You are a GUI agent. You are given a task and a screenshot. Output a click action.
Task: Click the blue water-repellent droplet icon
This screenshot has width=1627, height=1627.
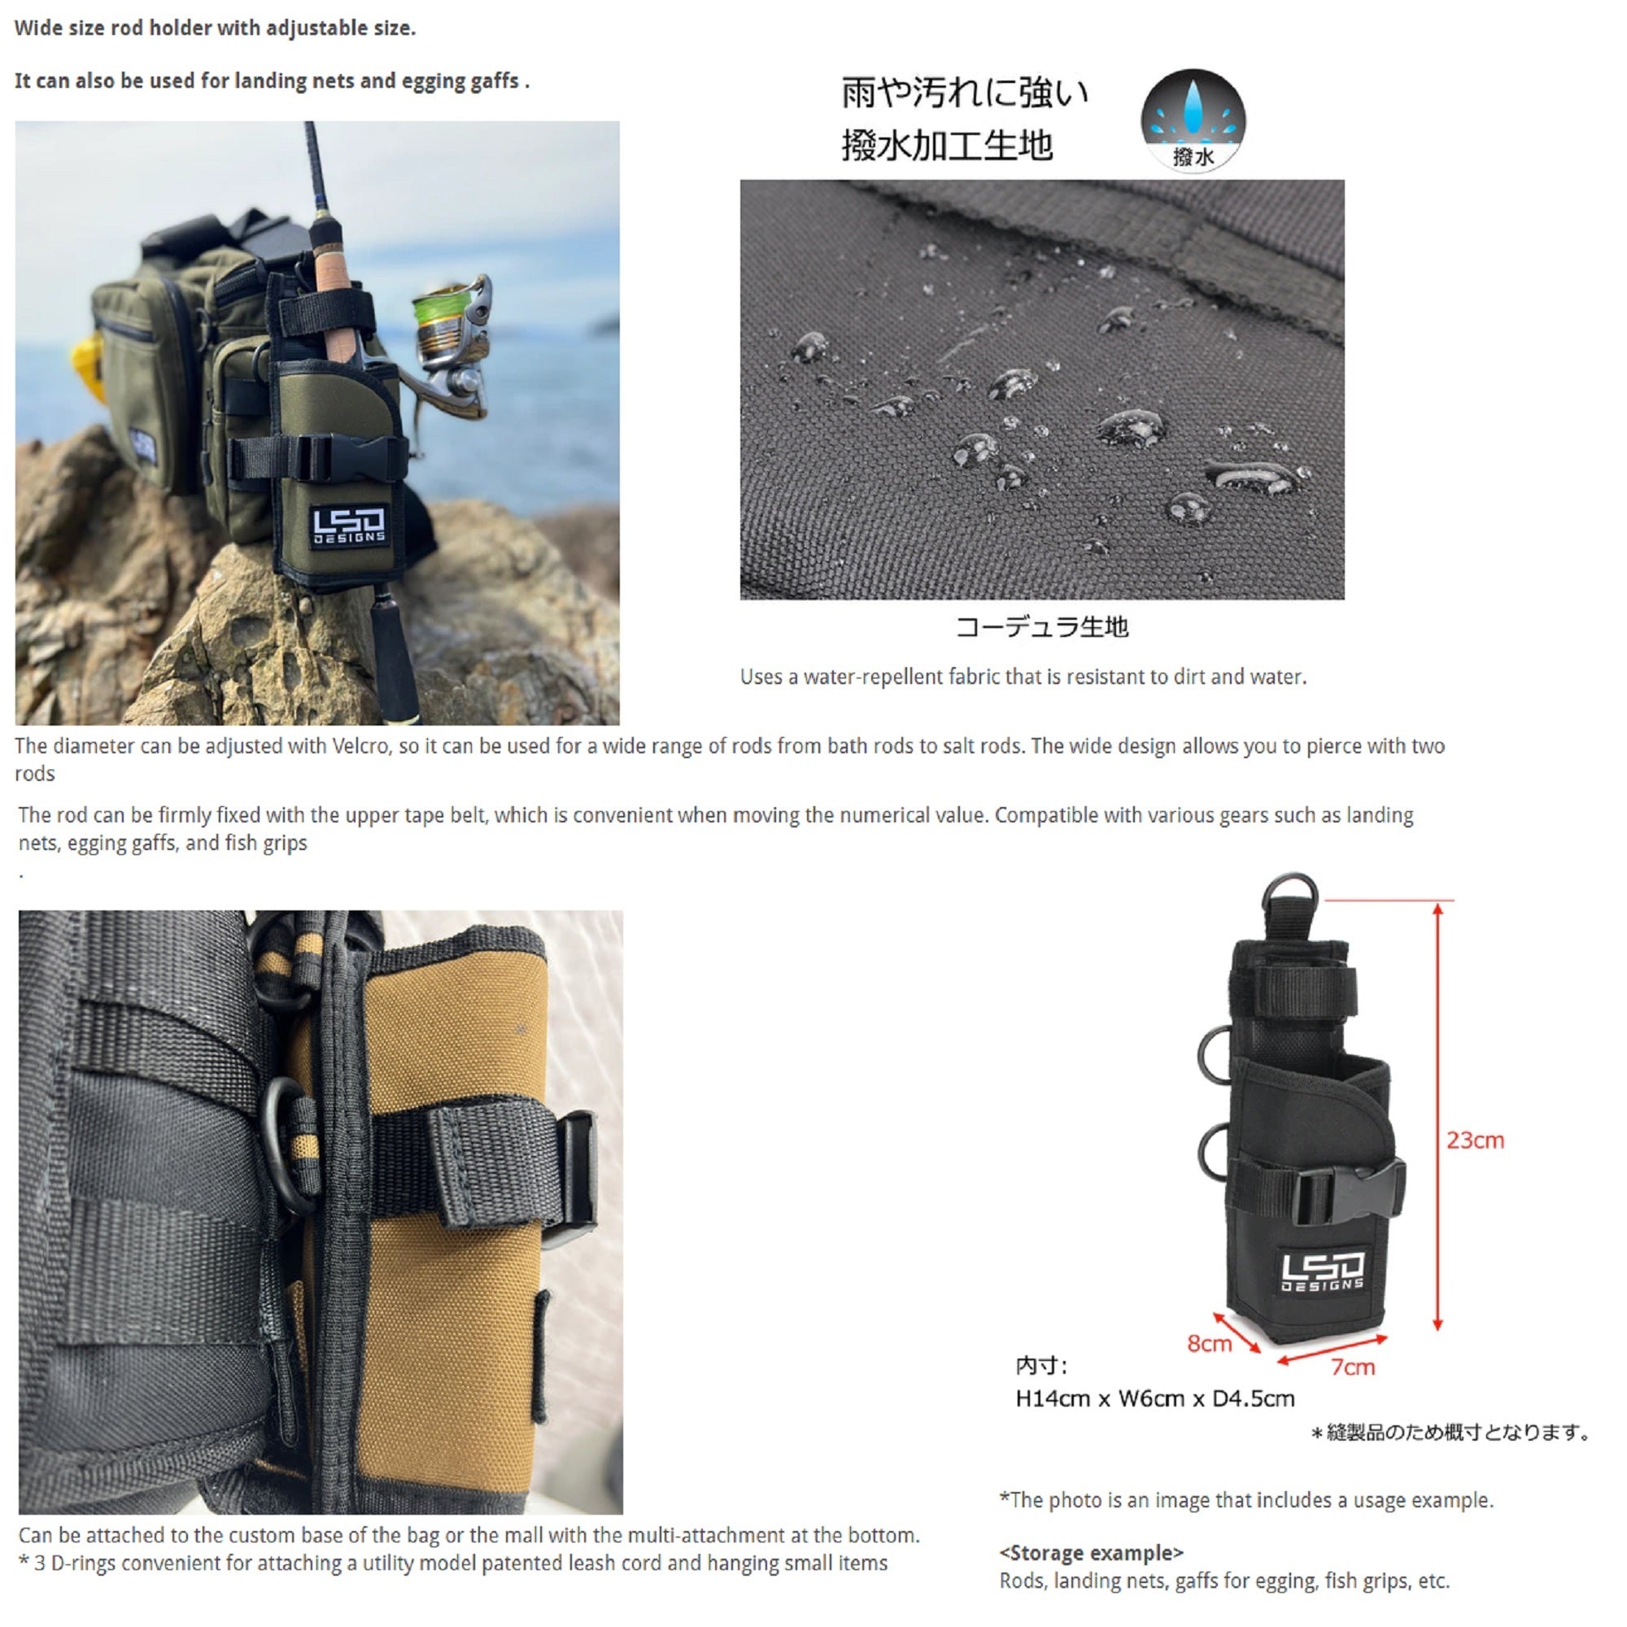tap(1193, 120)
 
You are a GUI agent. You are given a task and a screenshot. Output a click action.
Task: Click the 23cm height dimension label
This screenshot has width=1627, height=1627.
tap(1475, 1140)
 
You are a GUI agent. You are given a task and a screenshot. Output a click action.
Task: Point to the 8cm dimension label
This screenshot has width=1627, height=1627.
tap(1210, 1343)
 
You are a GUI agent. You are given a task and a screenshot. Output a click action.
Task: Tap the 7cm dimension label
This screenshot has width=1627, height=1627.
tap(1354, 1367)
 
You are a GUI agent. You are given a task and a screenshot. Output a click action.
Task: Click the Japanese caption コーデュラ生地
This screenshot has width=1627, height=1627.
tap(1042, 626)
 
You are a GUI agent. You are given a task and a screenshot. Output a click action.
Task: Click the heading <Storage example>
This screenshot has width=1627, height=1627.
tap(1092, 1552)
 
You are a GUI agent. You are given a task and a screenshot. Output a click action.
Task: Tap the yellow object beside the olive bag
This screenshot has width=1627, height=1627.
tap(87, 367)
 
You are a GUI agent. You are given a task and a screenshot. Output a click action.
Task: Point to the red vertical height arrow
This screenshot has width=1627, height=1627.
tap(1437, 1117)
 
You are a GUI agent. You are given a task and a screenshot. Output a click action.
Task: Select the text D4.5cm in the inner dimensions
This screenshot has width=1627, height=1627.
tap(1253, 1398)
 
